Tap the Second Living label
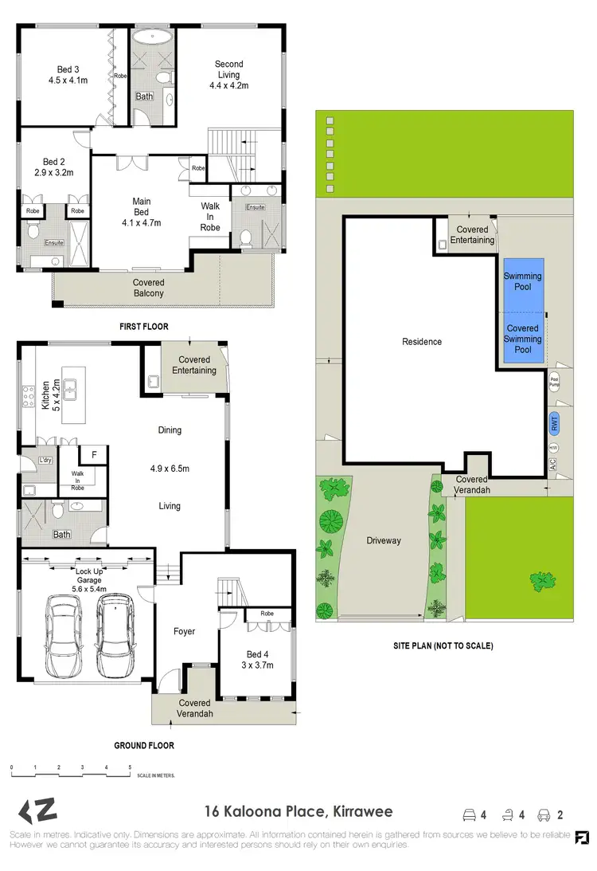tap(229, 74)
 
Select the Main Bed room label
tap(141, 212)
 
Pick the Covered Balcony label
tap(148, 288)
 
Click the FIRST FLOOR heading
tap(144, 327)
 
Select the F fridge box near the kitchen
tap(94, 455)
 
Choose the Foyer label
tap(184, 631)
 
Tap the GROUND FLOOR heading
tap(144, 746)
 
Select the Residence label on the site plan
tap(421, 342)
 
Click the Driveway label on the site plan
tap(384, 540)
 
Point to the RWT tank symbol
tap(554, 423)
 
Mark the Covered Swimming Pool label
tap(522, 339)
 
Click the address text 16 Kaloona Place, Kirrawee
tap(298, 813)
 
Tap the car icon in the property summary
tap(544, 814)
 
